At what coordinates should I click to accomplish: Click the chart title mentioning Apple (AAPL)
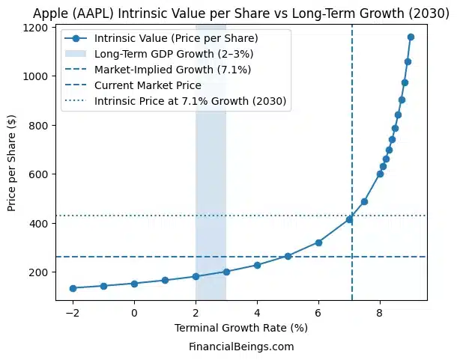[x=241, y=11]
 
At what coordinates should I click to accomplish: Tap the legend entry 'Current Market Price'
[x=148, y=85]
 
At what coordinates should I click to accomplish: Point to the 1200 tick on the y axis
[x=38, y=28]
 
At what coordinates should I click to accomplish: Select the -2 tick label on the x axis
[x=73, y=312]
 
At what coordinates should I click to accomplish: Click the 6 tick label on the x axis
[x=318, y=312]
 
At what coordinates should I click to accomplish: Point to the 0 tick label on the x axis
[x=134, y=312]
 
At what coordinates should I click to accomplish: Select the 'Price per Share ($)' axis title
[x=13, y=164]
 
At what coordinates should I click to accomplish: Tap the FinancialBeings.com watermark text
[x=240, y=347]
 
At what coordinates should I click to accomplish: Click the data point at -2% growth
[x=73, y=288]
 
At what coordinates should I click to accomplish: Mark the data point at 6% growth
[x=318, y=242]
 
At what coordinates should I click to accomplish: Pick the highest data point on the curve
[x=411, y=37]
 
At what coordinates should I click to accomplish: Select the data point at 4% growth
[x=257, y=265]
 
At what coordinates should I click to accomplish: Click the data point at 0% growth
[x=134, y=284]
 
